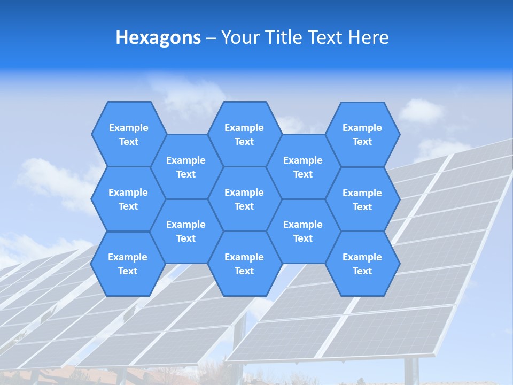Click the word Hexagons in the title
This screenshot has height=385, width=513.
coord(158,37)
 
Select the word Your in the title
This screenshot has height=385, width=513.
coord(239,37)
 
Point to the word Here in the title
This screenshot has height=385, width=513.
coord(369,37)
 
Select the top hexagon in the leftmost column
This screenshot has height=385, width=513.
coord(128,134)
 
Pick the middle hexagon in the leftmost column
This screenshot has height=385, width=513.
coord(128,199)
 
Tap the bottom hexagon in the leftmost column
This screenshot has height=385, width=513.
coord(128,264)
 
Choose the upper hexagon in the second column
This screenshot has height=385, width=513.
coord(186,167)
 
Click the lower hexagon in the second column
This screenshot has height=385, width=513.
coord(186,231)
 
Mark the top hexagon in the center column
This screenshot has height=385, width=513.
coord(244,134)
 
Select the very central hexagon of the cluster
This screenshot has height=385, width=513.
coord(244,199)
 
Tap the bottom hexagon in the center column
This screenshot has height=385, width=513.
coord(244,264)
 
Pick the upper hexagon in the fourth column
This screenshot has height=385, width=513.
coord(303,167)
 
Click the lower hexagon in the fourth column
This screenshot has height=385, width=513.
coord(303,231)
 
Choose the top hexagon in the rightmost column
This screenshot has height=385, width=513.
coord(362,134)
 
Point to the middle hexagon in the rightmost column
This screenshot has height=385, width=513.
coord(362,199)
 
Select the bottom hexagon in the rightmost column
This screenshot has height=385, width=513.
coord(362,264)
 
